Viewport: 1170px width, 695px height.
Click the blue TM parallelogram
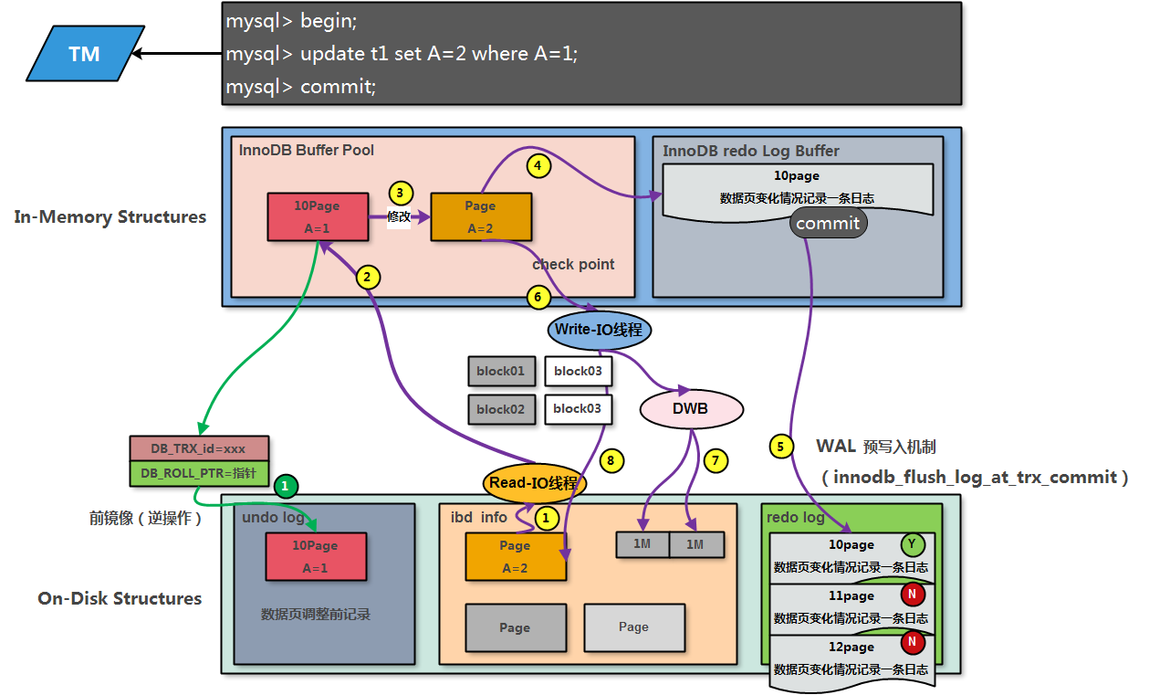coord(84,54)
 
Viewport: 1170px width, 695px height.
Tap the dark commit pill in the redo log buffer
coord(828,223)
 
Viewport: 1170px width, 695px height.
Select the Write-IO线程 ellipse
coord(599,330)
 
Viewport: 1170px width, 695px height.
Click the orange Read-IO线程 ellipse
coord(534,482)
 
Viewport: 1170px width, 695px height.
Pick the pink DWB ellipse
coord(690,408)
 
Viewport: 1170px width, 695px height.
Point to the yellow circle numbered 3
coord(400,194)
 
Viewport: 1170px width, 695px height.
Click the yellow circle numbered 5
coord(780,447)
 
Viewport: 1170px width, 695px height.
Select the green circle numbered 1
coord(286,486)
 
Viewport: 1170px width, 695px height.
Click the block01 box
coord(501,372)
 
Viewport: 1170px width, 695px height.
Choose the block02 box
coord(501,409)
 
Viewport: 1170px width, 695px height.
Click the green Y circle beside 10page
coord(912,545)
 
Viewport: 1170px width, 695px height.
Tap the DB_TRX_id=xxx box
coord(198,448)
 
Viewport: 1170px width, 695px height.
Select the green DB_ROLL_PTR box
coord(198,474)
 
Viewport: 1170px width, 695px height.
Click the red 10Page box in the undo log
coord(315,556)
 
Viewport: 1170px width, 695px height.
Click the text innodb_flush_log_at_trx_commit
coord(975,477)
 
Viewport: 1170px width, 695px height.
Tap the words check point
coord(573,264)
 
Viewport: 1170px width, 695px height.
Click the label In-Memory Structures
coord(110,216)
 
